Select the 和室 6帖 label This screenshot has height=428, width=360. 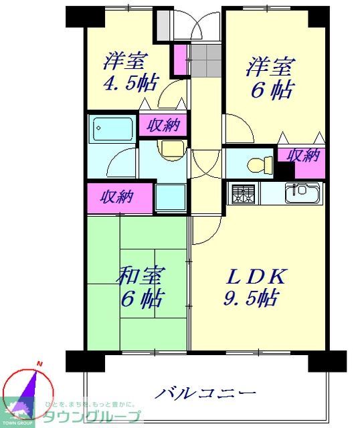(141, 286)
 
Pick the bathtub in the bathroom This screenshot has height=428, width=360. (112, 128)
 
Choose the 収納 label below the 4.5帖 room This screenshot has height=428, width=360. (163, 124)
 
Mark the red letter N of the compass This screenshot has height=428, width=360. (39, 364)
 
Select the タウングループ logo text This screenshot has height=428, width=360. (92, 416)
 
